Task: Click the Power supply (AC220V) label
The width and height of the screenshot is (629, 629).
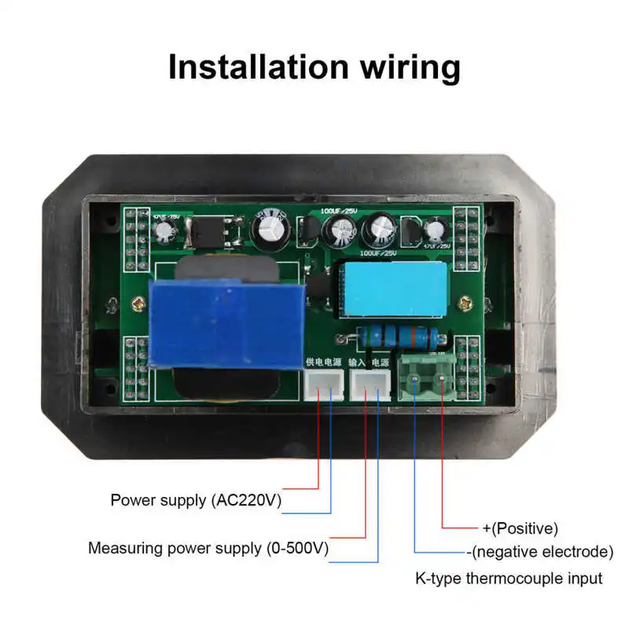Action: click(x=196, y=500)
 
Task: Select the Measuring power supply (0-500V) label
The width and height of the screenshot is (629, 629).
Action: click(x=208, y=548)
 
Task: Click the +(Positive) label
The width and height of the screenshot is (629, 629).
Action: click(x=519, y=528)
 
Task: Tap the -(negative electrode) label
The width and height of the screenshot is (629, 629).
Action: click(x=539, y=551)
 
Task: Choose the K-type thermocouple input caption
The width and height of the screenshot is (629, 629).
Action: click(x=509, y=579)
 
